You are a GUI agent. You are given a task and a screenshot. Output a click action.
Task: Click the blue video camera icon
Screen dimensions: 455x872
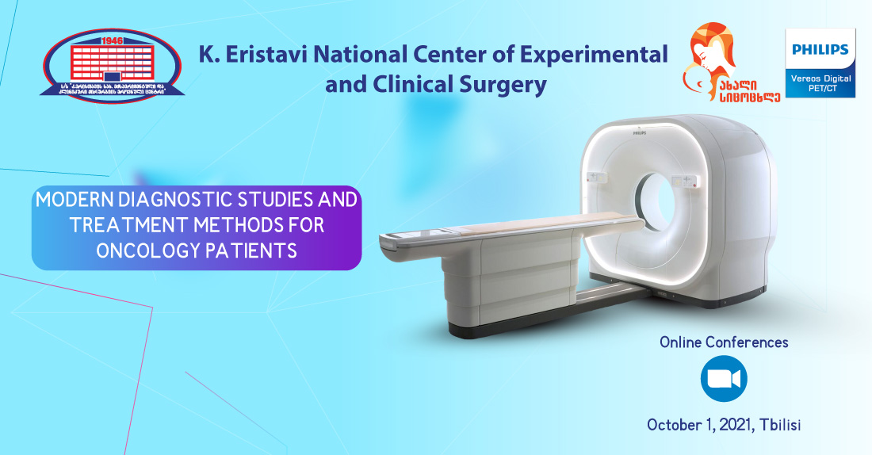(724, 378)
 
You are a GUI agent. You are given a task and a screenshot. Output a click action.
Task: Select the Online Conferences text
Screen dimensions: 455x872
(724, 342)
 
